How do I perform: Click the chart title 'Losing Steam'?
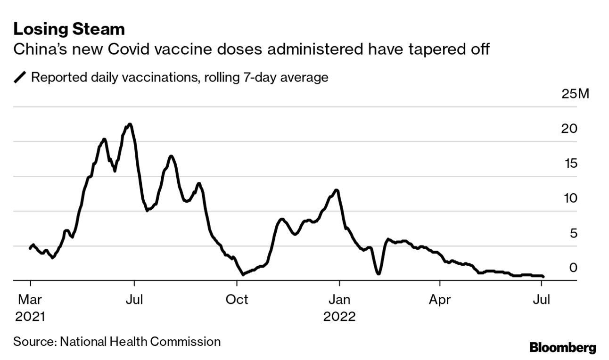[69, 30]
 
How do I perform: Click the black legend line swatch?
[20, 78]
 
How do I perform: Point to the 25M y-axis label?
[576, 94]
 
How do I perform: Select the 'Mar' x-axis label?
[30, 299]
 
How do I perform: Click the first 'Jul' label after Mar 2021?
[134, 299]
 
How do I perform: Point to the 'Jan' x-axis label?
[339, 299]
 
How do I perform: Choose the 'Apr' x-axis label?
[440, 299]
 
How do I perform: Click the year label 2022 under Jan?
[339, 316]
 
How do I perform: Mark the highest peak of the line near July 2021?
[130, 124]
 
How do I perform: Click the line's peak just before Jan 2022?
[336, 190]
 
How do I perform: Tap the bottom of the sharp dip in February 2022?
[378, 273]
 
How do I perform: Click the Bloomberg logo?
[562, 348]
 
